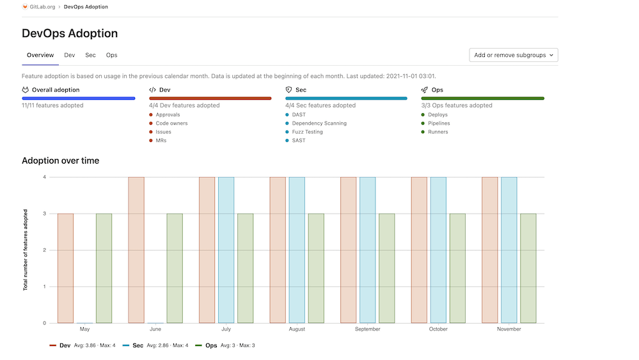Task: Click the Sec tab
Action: tap(90, 55)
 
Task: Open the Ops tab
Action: tap(111, 55)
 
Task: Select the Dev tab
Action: tap(69, 55)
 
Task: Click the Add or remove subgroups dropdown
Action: tap(514, 55)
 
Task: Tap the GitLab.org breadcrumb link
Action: tap(42, 6)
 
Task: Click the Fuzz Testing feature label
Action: tap(307, 132)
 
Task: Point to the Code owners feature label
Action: tap(171, 123)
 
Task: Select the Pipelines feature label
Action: tap(439, 123)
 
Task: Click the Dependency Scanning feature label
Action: tap(319, 123)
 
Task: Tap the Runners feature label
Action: tap(438, 132)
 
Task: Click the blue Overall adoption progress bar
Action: tap(79, 98)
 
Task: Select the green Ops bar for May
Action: tap(104, 268)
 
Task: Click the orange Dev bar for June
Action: tap(136, 250)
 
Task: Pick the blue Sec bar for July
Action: tap(226, 250)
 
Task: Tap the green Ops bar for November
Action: tap(528, 268)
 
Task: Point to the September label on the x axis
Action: tap(367, 329)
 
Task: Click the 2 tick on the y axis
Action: tap(44, 250)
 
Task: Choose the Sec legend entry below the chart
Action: tap(138, 345)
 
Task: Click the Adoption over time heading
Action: tap(60, 160)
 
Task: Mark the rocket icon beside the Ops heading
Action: tap(424, 90)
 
